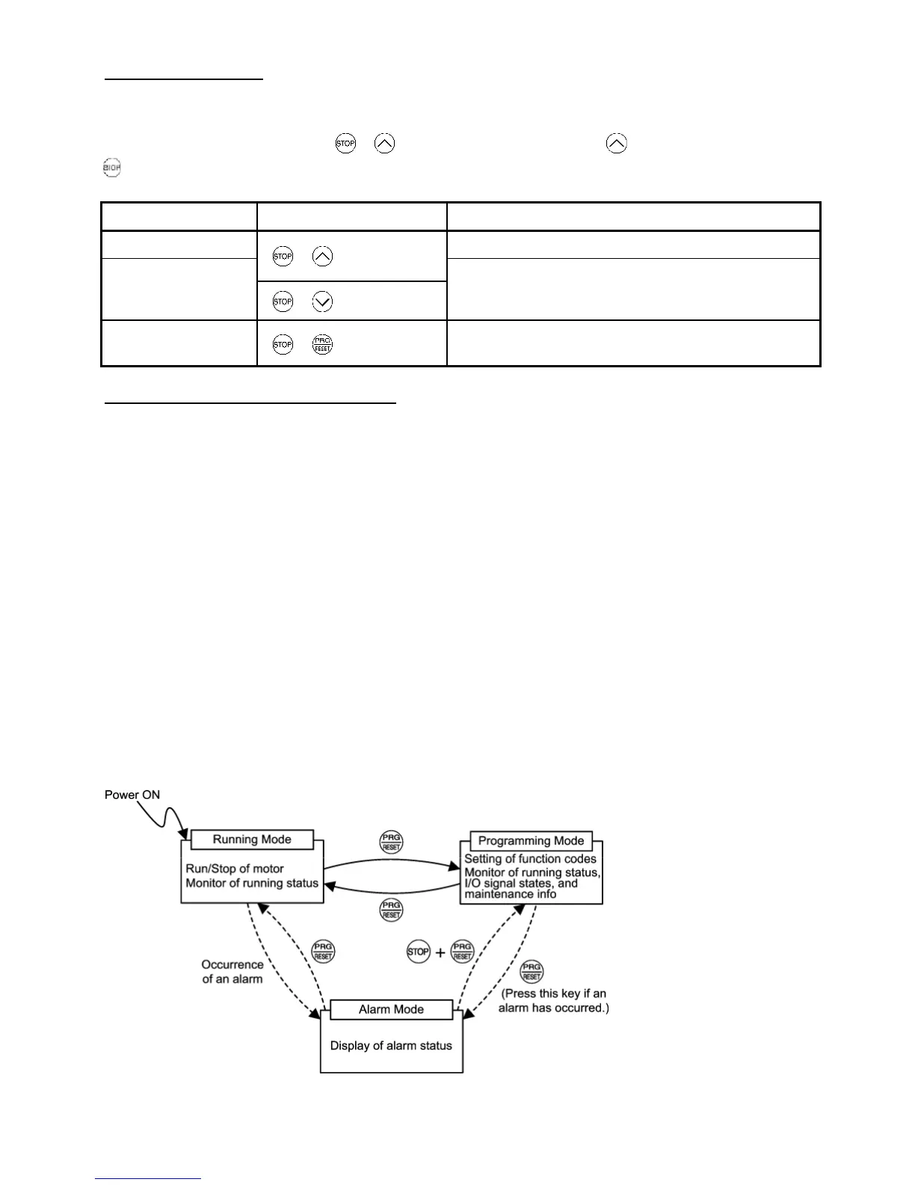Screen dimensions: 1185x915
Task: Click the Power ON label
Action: tap(132, 794)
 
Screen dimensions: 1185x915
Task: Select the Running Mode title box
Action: tap(252, 839)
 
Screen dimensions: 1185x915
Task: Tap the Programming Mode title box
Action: tap(531, 841)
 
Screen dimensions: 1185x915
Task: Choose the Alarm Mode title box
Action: tap(391, 1009)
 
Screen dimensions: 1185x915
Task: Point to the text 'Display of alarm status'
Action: tap(391, 1045)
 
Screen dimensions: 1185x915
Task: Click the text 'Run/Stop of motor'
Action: tap(235, 869)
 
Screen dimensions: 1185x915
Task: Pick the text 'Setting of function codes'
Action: tap(530, 859)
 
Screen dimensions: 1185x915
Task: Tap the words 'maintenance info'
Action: tap(511, 894)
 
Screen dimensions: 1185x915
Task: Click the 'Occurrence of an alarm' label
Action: tap(232, 971)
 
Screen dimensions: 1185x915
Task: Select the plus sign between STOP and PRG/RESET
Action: tap(440, 952)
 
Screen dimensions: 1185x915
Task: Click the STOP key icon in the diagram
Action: tap(418, 952)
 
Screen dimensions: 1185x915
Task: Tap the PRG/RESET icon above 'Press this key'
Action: tap(532, 972)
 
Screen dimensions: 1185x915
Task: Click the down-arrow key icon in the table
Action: tap(323, 301)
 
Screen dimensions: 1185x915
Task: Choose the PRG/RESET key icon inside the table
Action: tap(323, 344)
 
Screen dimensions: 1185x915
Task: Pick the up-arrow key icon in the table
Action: tap(323, 257)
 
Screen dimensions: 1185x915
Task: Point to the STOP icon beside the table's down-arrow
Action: tap(283, 301)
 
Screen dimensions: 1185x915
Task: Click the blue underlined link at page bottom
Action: tap(148, 1178)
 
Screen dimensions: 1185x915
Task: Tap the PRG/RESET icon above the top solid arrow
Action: tap(391, 842)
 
